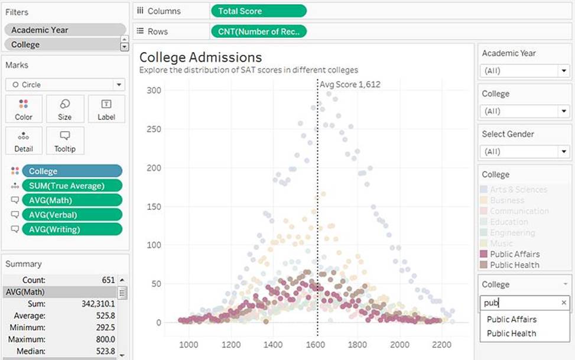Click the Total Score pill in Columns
pos(258,11)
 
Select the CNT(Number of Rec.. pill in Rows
pos(258,31)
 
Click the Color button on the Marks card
pos(24,109)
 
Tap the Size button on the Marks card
pos(65,109)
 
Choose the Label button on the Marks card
pos(106,109)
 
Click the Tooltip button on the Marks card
pos(65,141)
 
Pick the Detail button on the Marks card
pos(24,141)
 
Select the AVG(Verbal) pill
pos(72,215)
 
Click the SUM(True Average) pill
pos(72,186)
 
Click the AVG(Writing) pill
pos(72,229)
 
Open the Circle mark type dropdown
pos(65,85)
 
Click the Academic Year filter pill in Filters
pos(64,30)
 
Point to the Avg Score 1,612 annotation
pos(350,84)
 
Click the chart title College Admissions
pos(200,57)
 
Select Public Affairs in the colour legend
pos(514,254)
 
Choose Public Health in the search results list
pos(511,333)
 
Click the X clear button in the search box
pos(563,303)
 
